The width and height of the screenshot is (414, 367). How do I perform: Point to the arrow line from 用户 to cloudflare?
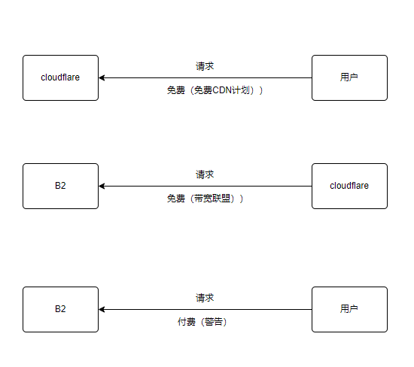coord(205,77)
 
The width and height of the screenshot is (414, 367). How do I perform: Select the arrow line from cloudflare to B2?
coord(205,186)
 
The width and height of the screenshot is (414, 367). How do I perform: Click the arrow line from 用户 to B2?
coord(205,310)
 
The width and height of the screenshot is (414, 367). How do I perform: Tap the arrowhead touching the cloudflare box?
coord(102,77)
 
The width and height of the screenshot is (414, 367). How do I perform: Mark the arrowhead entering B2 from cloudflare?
coord(102,186)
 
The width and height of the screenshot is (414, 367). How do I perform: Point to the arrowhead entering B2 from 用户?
coord(102,310)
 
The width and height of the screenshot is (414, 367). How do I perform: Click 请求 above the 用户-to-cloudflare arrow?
coord(205,66)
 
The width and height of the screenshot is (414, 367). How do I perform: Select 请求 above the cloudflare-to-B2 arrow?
coord(205,174)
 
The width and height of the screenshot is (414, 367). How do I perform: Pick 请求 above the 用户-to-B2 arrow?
coord(205,298)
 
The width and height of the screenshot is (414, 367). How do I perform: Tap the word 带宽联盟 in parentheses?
coord(212,199)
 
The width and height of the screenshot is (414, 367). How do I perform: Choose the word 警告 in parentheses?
coord(214,322)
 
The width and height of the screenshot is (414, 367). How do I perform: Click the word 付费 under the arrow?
coord(187,322)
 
